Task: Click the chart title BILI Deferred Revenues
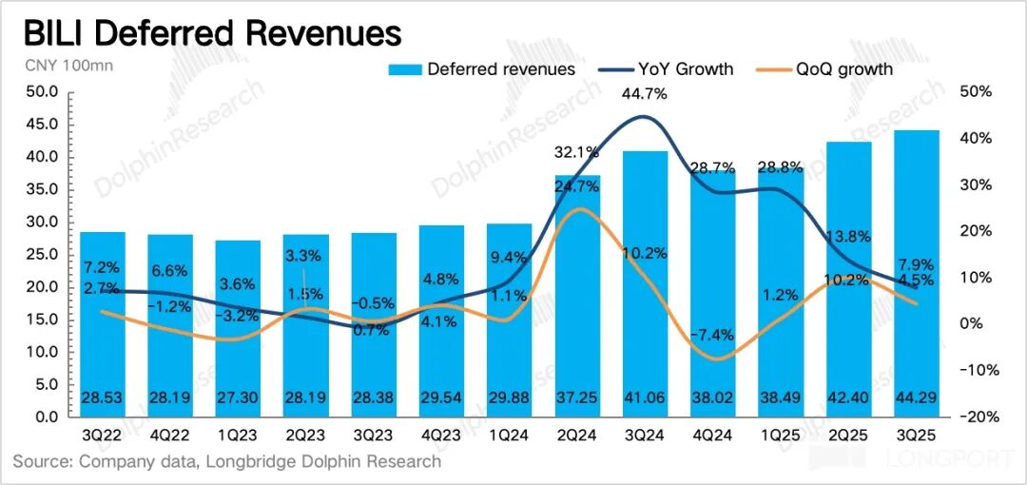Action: (x=212, y=33)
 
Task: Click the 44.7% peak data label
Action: (x=645, y=93)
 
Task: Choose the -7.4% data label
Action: (x=713, y=334)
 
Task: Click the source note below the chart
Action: (x=226, y=461)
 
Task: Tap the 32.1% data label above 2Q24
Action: (x=576, y=151)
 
